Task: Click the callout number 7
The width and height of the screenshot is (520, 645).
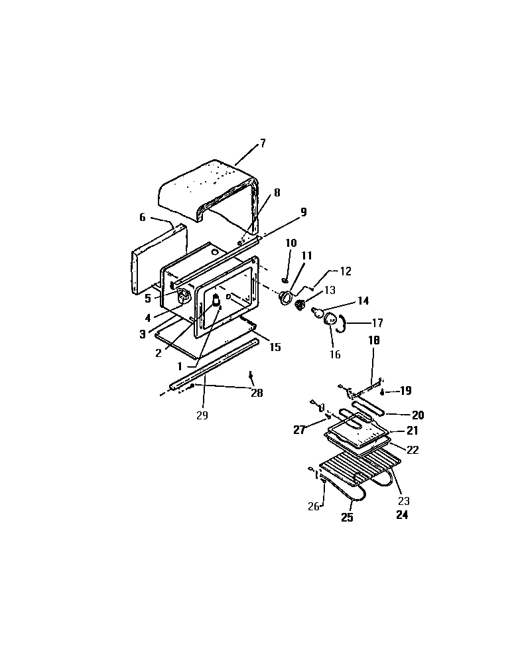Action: click(263, 143)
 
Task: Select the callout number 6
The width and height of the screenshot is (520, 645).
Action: click(142, 217)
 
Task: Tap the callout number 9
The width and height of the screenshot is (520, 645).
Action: click(303, 212)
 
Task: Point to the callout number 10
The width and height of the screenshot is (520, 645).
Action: click(291, 244)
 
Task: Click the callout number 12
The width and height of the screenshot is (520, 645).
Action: click(346, 271)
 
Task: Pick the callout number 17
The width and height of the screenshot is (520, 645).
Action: click(377, 324)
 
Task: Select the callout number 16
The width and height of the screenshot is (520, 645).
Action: click(335, 354)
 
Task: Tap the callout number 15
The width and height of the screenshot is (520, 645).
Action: click(275, 346)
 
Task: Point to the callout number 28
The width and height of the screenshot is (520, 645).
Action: click(257, 393)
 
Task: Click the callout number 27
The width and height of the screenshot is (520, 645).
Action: click(299, 430)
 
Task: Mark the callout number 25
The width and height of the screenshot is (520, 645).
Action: click(347, 518)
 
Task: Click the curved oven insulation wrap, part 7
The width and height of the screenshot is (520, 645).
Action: click(206, 182)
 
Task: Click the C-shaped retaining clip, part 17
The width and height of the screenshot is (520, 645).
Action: click(341, 323)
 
